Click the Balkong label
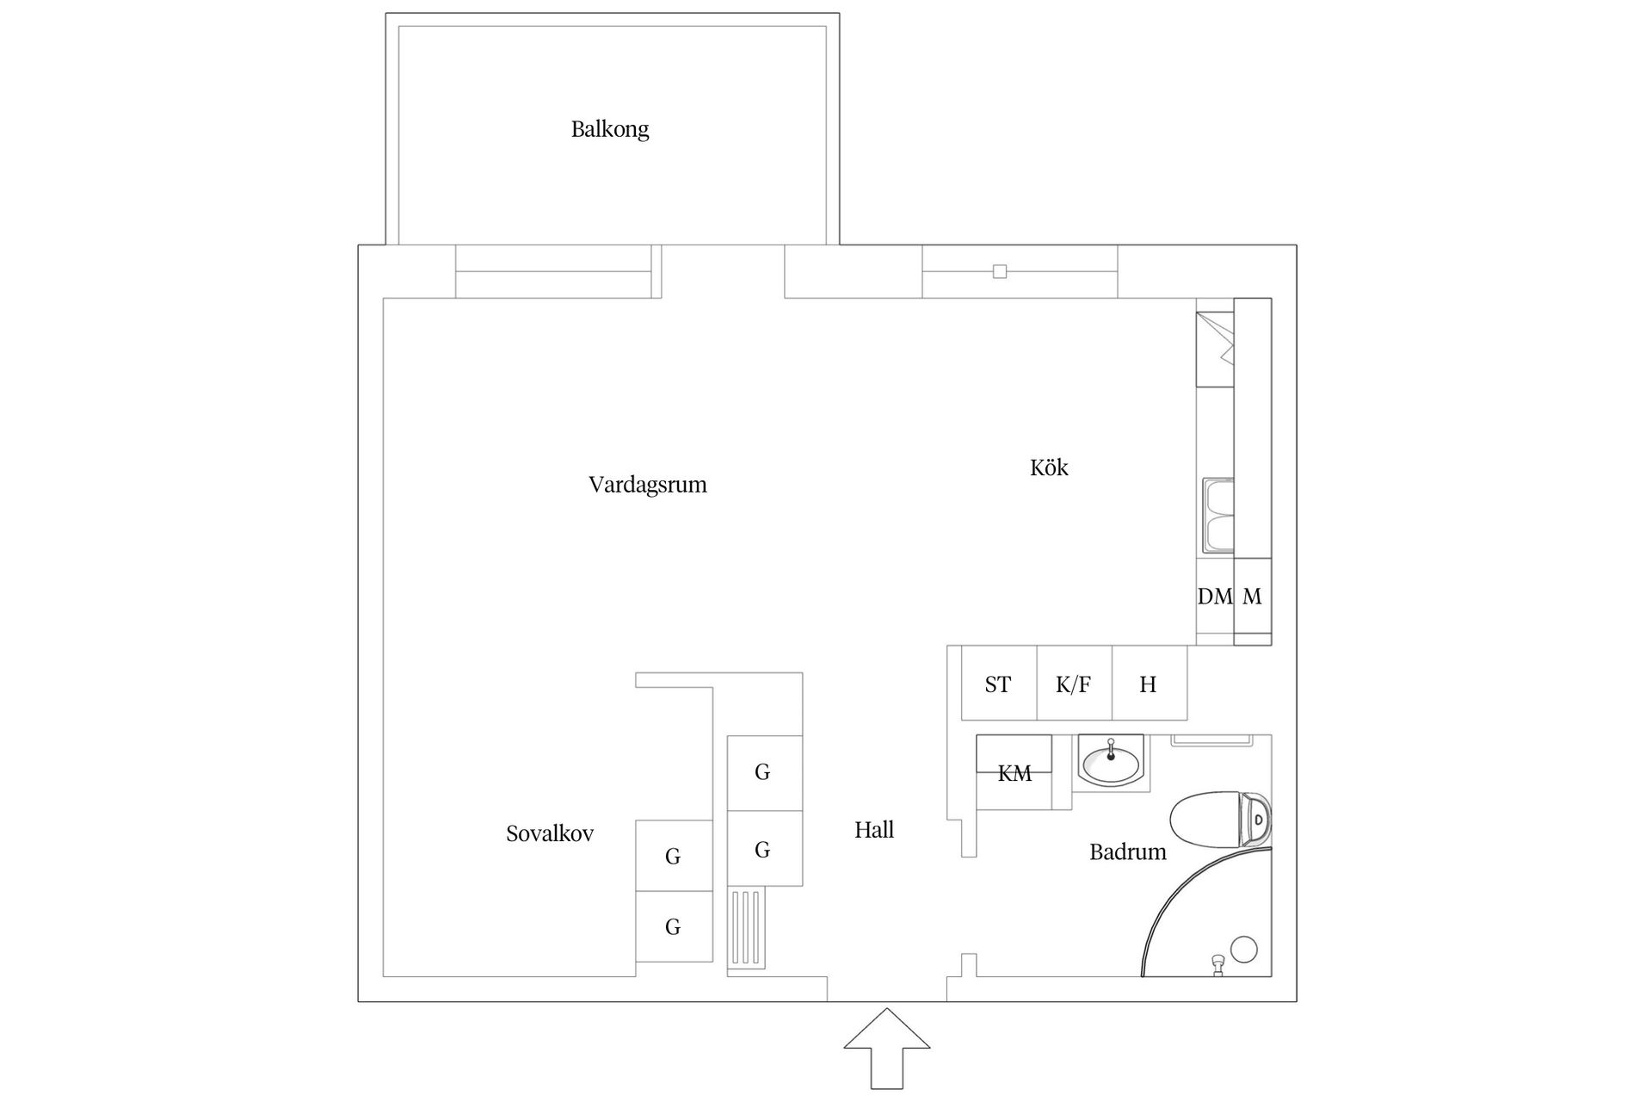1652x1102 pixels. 609,129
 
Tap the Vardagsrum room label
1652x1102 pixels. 647,485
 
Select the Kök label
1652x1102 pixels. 1049,467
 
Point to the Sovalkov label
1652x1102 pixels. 549,833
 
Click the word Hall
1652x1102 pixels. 873,830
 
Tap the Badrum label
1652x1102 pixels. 1127,852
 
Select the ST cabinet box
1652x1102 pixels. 998,684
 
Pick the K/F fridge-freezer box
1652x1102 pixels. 1073,684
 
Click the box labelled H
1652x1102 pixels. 1148,684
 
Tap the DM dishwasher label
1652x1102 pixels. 1214,596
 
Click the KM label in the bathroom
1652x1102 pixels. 1014,773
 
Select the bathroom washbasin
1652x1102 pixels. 1111,762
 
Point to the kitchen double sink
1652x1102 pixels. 1217,516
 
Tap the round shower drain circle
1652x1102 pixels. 1243,949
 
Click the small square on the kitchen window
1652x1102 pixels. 999,271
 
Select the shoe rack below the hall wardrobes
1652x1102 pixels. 745,928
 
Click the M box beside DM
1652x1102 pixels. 1252,596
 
